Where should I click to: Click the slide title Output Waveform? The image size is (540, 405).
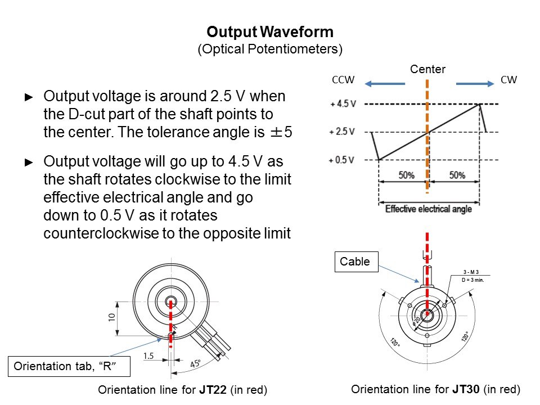269,31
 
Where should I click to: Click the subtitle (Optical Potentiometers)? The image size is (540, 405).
269,49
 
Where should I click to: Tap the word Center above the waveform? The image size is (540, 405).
427,69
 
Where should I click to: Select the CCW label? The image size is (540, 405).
343,80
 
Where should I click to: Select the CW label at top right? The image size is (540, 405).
508,80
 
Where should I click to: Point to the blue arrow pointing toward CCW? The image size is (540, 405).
385,84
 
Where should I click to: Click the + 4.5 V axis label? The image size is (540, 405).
342,104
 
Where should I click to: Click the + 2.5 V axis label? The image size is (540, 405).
342,132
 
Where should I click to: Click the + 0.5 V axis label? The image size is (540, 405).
342,160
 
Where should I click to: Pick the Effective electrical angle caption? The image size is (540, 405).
428,209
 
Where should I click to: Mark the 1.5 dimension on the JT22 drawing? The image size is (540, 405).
149,356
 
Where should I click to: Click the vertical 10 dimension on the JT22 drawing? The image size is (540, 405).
112,318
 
